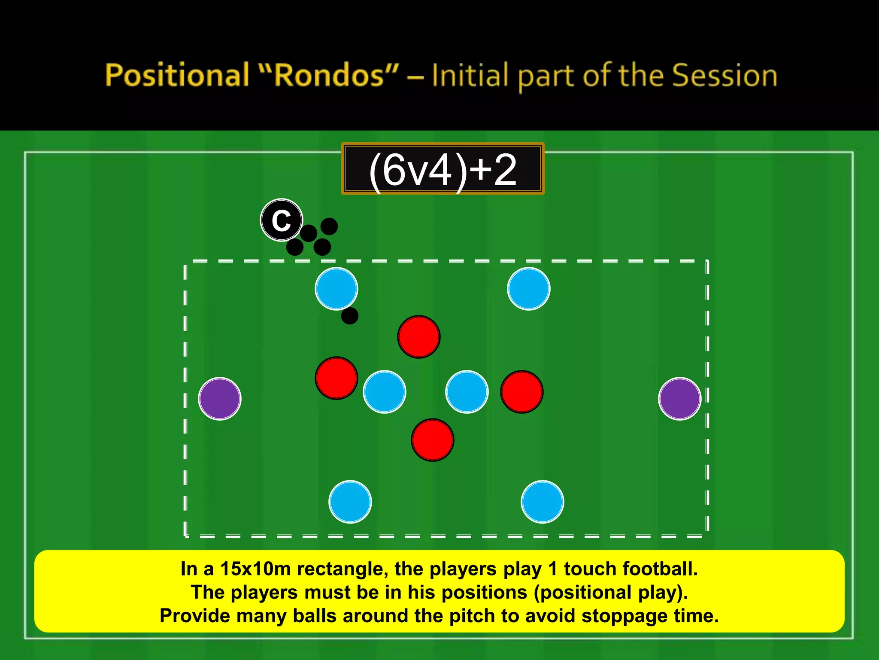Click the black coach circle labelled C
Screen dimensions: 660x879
[282, 220]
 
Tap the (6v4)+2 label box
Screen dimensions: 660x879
[443, 169]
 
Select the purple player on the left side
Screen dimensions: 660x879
[220, 399]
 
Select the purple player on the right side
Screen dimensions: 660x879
[679, 399]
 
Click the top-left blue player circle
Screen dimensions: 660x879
[336, 289]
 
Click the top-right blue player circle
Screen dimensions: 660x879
[528, 289]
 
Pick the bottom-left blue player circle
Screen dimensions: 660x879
[350, 501]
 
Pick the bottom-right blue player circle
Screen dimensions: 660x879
[543, 501]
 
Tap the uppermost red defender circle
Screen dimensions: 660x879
[419, 337]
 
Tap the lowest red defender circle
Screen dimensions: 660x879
[433, 440]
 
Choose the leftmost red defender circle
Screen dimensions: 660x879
[336, 378]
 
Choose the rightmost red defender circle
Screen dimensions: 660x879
[522, 392]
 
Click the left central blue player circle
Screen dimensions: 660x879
[385, 392]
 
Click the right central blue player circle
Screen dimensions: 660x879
[467, 392]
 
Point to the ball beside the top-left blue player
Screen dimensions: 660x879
[350, 316]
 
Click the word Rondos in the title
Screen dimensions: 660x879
[329, 76]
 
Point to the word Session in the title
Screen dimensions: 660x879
[724, 76]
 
